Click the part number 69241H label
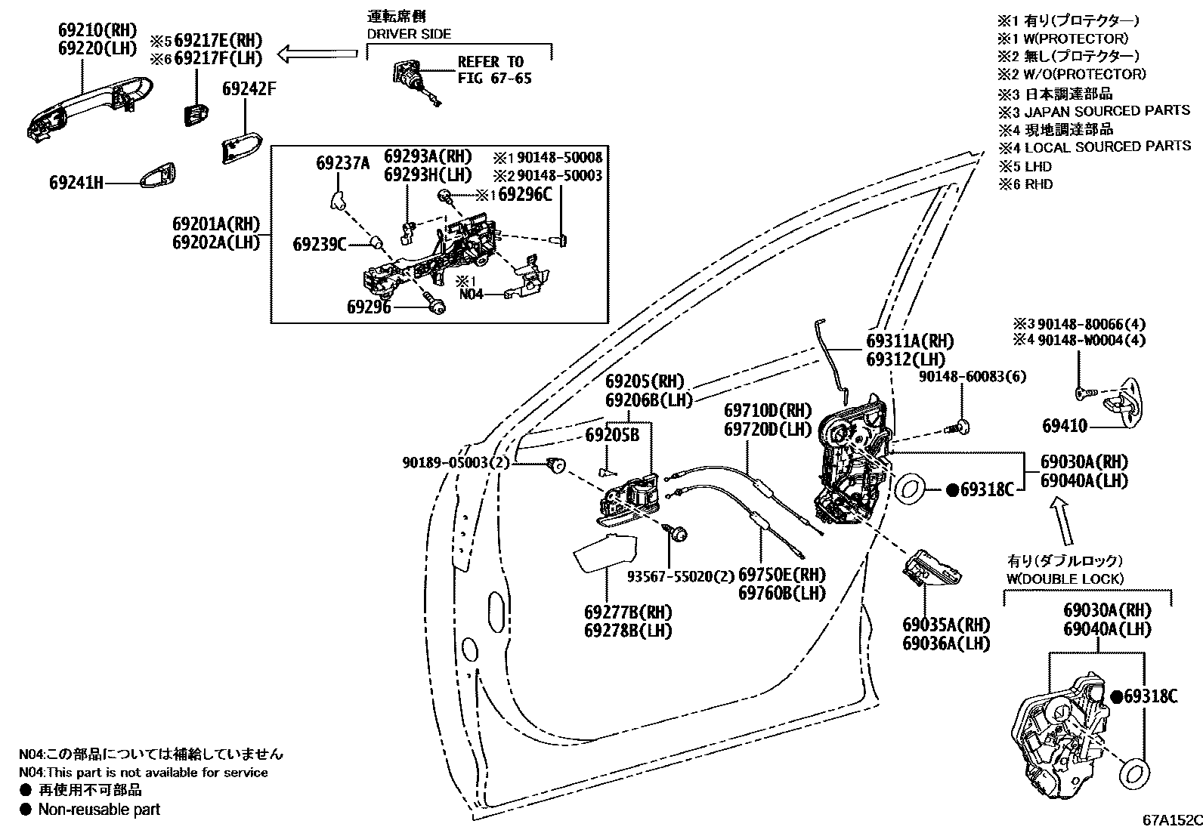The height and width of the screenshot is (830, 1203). pyautogui.click(x=76, y=182)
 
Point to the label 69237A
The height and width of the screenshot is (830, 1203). pyautogui.click(x=343, y=162)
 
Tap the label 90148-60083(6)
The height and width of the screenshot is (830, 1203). pyautogui.click(x=973, y=376)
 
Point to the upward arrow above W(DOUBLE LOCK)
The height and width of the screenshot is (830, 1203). pyautogui.click(x=1063, y=523)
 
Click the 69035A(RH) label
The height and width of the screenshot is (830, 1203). pyautogui.click(x=945, y=625)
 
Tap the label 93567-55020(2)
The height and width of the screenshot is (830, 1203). pyautogui.click(x=681, y=575)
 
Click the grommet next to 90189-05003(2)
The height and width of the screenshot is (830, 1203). pyautogui.click(x=557, y=464)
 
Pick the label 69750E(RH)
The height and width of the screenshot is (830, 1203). pyautogui.click(x=781, y=575)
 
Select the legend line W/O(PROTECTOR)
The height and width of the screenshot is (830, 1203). pyautogui.click(x=1072, y=74)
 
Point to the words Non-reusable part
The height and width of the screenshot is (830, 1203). pyautogui.click(x=99, y=810)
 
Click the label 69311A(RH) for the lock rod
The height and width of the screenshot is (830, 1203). pyautogui.click(x=909, y=341)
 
